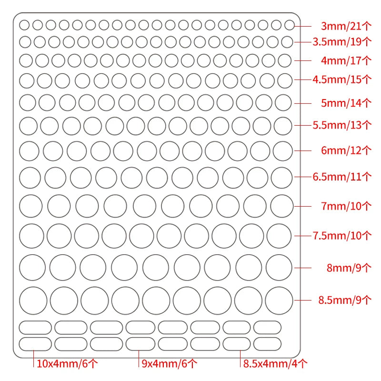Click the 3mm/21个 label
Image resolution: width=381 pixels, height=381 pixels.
click(346, 26)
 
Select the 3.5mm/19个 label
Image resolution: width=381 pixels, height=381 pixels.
click(342, 42)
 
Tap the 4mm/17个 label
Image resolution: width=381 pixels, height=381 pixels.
click(346, 60)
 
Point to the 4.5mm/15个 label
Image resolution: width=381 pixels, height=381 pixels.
click(342, 80)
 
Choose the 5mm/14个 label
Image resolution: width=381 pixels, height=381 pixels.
click(346, 103)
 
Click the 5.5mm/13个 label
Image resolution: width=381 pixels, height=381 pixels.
click(342, 125)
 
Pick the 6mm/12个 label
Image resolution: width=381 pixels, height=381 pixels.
click(346, 150)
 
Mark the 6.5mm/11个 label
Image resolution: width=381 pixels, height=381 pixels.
click(342, 177)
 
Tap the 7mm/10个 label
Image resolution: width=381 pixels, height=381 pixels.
click(346, 206)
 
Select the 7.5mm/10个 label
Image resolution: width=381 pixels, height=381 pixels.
click(342, 236)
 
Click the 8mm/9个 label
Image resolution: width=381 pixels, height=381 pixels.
click(349, 268)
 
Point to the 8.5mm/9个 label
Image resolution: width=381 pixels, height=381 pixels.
click(345, 300)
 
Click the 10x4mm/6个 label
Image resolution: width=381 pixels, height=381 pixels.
click(67, 364)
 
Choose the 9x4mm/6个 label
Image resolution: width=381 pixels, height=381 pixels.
click(170, 364)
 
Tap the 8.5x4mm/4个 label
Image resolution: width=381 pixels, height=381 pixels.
click(275, 364)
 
